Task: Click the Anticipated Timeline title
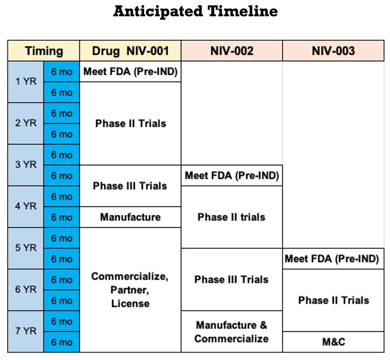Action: pos(195,12)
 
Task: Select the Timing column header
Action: pos(44,51)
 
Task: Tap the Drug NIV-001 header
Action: pos(130,51)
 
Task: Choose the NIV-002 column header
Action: pos(232,51)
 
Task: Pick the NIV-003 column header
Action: pos(333,51)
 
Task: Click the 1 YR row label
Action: pos(26,82)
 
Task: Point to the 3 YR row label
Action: pos(26,165)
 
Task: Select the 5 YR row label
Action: pos(26,248)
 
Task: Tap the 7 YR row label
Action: pos(26,331)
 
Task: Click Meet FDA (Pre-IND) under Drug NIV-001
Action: pos(130,72)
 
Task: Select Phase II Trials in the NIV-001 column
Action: pos(130,123)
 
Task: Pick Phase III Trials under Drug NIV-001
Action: pos(130,186)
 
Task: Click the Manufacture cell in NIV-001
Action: pos(130,217)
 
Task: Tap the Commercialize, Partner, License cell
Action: pos(130,290)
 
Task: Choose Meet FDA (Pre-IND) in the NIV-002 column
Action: pos(232,176)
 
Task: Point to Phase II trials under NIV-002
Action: pos(232,217)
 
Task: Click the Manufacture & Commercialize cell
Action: pos(232,332)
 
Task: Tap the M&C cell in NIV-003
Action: pos(333,342)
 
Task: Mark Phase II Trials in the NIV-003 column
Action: pos(333,300)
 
